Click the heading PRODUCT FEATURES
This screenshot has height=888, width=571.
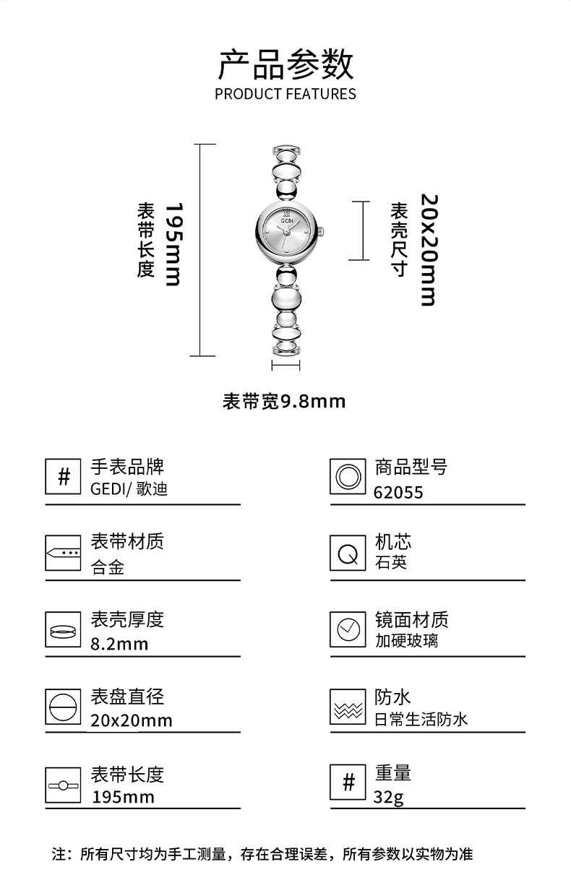tap(285, 94)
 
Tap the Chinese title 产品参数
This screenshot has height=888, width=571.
tap(285, 64)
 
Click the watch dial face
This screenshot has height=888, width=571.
tap(285, 231)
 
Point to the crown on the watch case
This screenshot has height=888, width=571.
tap(322, 231)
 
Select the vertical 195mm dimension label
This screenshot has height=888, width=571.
tap(172, 243)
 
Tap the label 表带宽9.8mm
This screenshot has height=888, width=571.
tap(284, 401)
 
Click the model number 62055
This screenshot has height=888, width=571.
tap(398, 493)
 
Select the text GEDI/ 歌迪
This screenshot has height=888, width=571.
tap(129, 489)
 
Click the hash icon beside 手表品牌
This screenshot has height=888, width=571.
tap(63, 477)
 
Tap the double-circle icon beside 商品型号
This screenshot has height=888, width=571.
tap(348, 477)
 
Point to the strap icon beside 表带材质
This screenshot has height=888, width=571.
tap(63, 553)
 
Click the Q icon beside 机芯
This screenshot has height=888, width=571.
tap(348, 553)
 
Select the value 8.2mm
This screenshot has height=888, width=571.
tap(119, 643)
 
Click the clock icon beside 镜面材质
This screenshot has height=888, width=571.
tap(348, 629)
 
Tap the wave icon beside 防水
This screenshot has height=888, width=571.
tap(348, 707)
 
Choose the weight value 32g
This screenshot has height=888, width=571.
tap(389, 798)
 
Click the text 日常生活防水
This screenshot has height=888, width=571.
tap(421, 719)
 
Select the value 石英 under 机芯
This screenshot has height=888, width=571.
tap(391, 562)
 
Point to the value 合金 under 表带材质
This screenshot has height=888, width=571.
tap(108, 568)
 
